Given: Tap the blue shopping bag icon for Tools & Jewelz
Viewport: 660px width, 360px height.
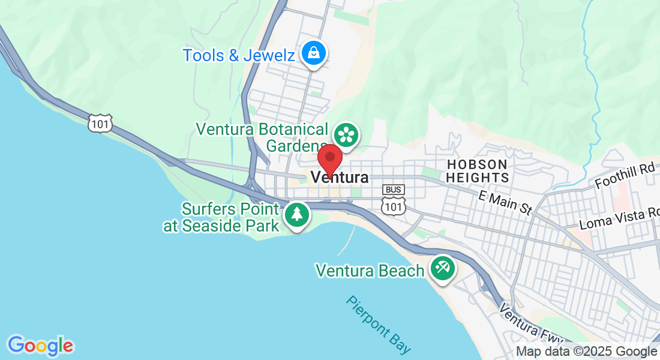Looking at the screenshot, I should coord(313,53).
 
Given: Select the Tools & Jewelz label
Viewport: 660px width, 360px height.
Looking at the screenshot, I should coord(239,56).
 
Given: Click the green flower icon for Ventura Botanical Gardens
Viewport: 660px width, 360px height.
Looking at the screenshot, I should coord(346,134).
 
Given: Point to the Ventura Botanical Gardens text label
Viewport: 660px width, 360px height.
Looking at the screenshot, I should coord(263,137).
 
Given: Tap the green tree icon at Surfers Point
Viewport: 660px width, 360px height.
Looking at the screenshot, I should coord(296,215).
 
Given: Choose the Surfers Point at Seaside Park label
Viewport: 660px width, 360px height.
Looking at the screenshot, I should coord(222,218).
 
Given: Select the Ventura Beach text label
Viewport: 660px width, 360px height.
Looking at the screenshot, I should coord(370,271).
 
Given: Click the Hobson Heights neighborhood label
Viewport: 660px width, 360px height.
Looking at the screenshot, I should coord(477,171).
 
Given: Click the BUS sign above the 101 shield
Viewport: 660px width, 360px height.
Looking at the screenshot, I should coord(394,190).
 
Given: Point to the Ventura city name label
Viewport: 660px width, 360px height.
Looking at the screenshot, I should coord(340,178).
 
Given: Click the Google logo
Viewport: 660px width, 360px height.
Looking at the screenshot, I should coord(41,345).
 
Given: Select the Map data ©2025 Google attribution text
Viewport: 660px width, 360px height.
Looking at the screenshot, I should coord(587,352).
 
